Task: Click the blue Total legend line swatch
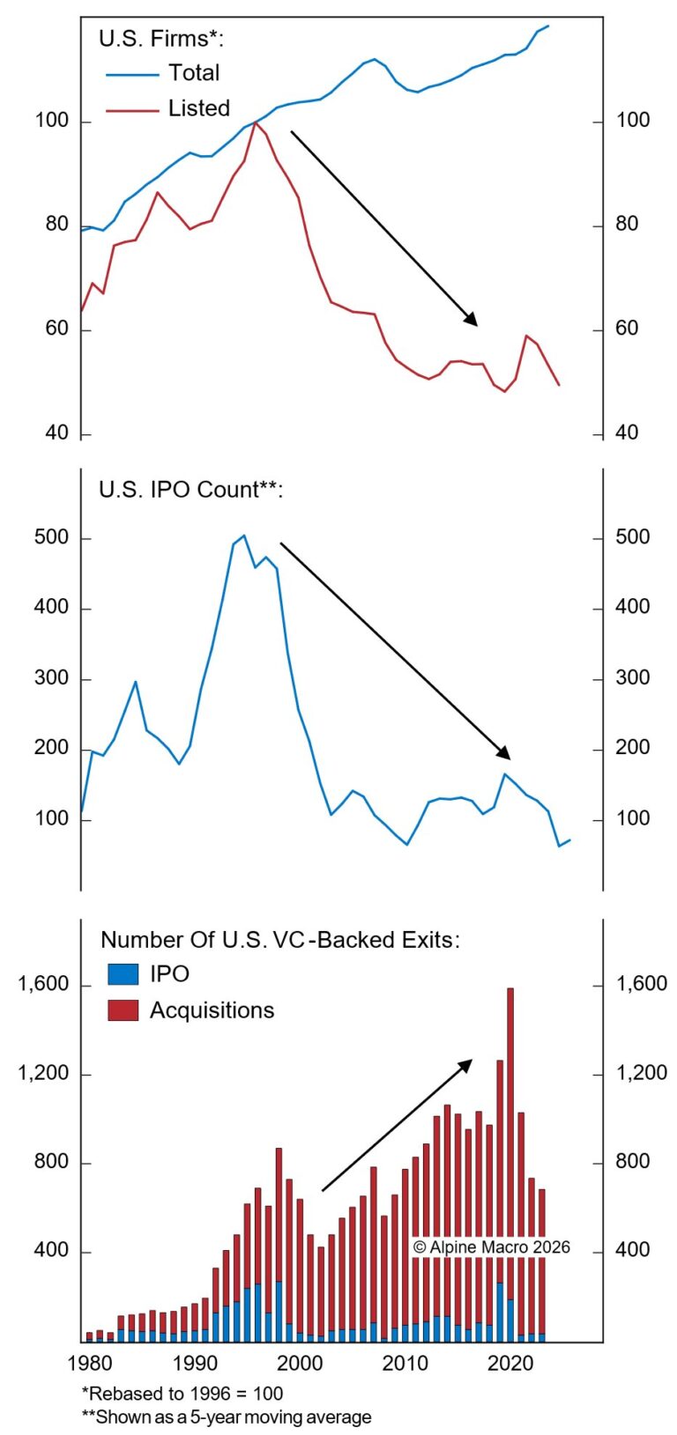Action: [131, 75]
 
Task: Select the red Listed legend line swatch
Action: [131, 110]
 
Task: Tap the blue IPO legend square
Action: [123, 973]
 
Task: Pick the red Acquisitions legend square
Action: [123, 1010]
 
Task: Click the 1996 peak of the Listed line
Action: [255, 122]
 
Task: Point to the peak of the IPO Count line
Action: [244, 536]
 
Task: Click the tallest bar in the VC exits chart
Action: [510, 1163]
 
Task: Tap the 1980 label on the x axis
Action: [89, 1364]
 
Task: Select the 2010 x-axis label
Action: [405, 1364]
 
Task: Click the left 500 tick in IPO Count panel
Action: [51, 537]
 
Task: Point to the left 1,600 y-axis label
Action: [43, 984]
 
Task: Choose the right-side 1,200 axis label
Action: [641, 1073]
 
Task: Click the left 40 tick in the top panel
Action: [56, 433]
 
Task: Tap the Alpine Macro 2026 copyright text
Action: [491, 1247]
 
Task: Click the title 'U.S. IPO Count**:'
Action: [190, 490]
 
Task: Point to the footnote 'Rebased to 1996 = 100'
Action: [182, 1393]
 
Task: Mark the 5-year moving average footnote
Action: [227, 1417]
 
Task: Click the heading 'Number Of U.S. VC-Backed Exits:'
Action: [279, 940]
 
